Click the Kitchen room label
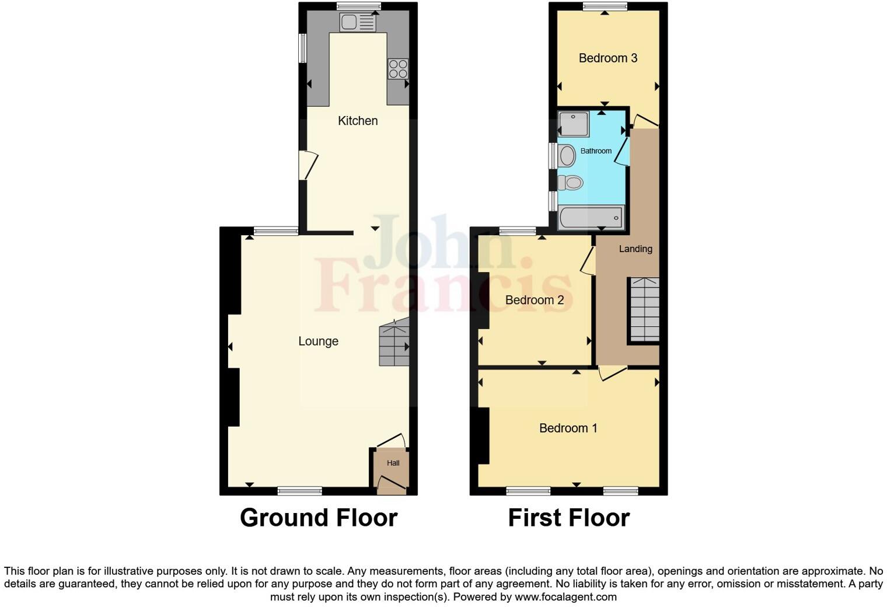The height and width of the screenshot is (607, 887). (x=358, y=121)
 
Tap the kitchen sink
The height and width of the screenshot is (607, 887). (x=358, y=23)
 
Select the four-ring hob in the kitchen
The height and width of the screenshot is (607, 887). (x=398, y=69)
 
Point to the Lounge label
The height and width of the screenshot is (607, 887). (x=318, y=341)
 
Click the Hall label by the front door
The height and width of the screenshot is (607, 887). (x=393, y=463)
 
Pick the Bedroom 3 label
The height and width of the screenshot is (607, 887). (x=607, y=58)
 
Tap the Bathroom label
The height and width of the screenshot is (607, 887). (x=596, y=151)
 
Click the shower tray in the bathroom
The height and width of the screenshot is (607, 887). (x=574, y=124)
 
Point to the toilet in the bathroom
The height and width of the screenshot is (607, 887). (x=570, y=183)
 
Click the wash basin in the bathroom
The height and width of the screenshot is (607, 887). (x=567, y=156)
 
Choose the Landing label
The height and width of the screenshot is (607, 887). (x=635, y=249)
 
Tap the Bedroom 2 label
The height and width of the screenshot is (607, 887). (x=534, y=301)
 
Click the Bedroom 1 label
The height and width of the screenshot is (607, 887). (x=568, y=428)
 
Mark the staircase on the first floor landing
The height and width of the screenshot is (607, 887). (x=644, y=310)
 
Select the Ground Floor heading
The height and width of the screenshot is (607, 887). (x=319, y=518)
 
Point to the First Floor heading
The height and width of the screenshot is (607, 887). (x=568, y=518)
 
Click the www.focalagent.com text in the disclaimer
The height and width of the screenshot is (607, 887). (x=565, y=597)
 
